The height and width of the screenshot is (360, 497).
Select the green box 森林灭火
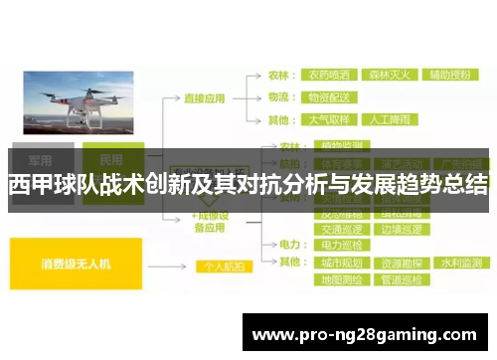(391, 74)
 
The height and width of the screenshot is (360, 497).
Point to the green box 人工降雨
(391, 120)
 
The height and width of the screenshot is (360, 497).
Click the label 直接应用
(206, 98)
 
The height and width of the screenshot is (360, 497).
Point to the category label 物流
(280, 97)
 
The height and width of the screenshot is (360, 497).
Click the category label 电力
(290, 244)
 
